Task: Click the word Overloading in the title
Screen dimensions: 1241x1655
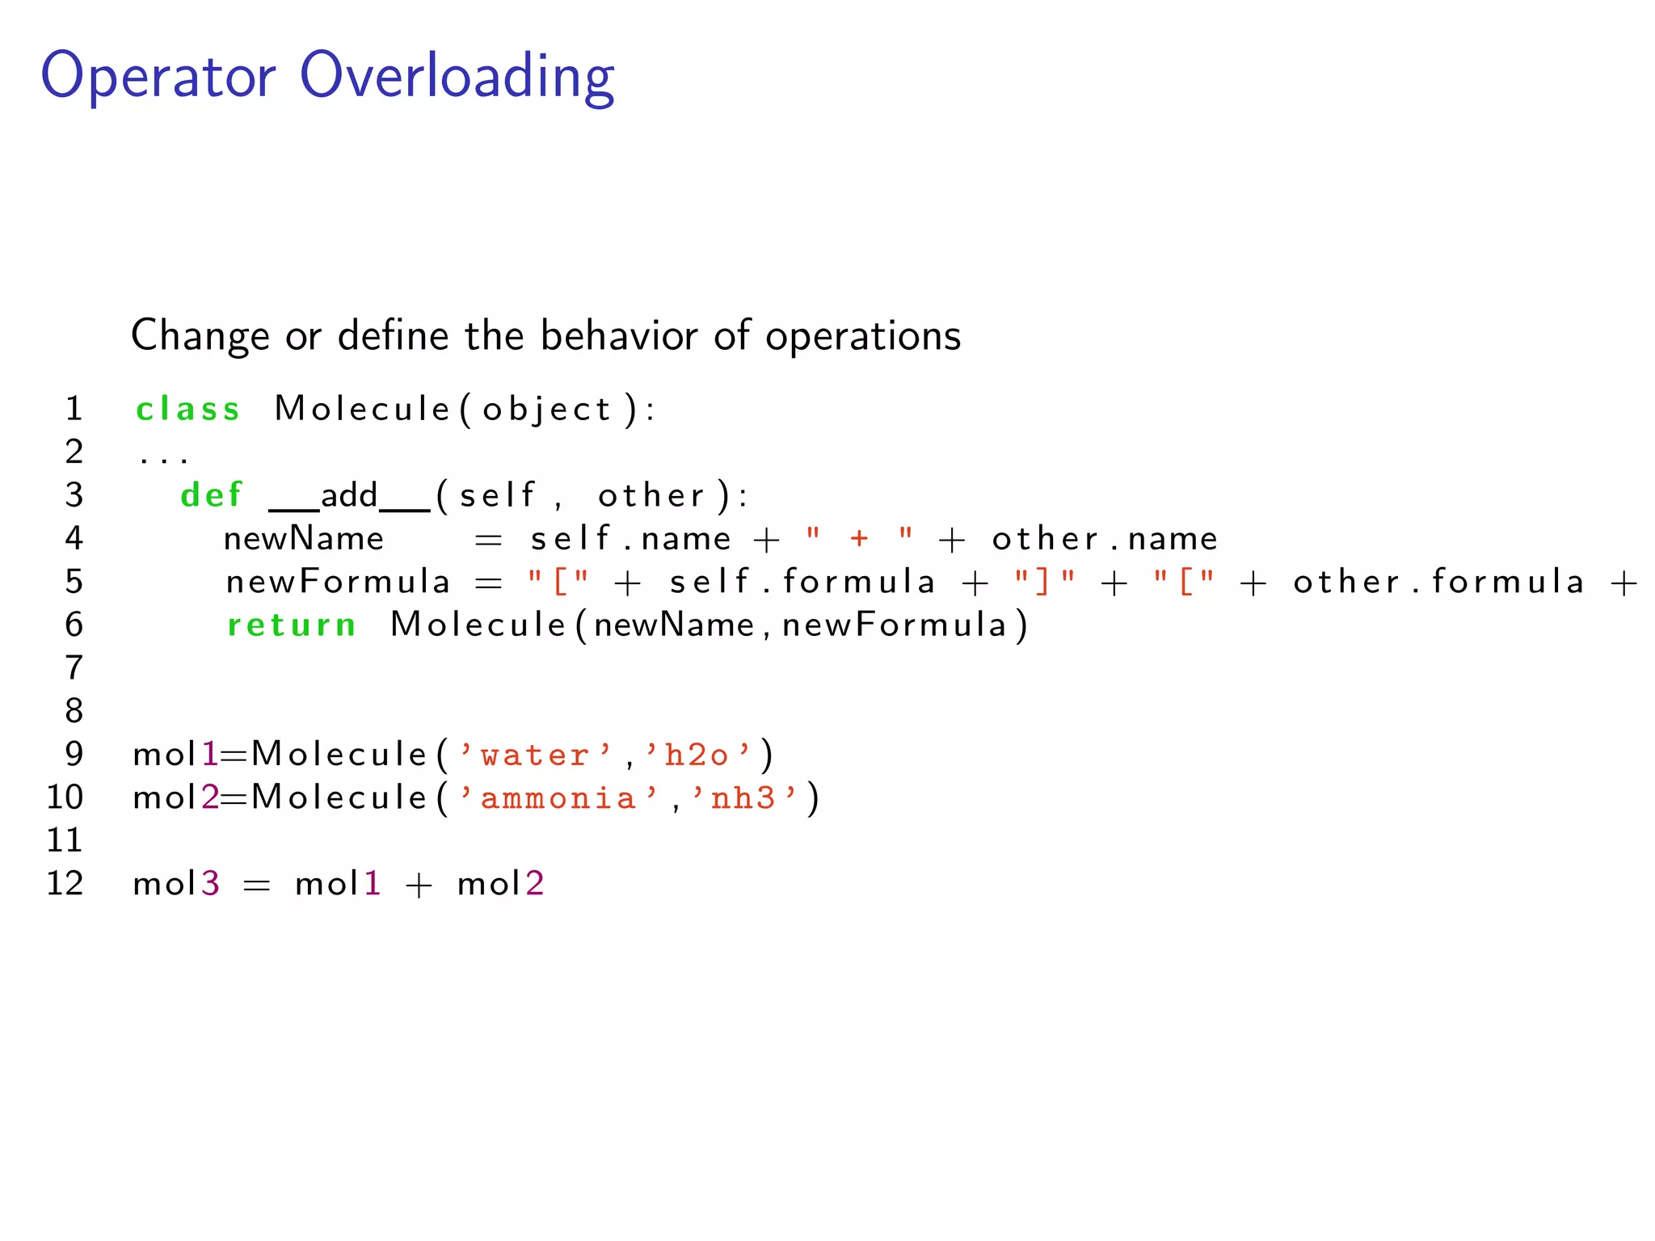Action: click(x=457, y=77)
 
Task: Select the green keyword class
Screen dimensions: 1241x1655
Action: click(x=187, y=410)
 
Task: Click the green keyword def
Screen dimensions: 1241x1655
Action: click(x=211, y=495)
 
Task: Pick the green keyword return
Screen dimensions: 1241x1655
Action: click(x=291, y=625)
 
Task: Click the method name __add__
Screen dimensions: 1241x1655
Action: click(x=349, y=496)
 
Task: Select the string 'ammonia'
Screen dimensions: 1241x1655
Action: click(x=558, y=798)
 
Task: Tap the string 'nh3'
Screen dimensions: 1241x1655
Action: click(x=743, y=798)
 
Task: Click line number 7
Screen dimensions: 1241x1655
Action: click(x=74, y=668)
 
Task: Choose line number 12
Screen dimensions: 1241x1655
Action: click(x=65, y=884)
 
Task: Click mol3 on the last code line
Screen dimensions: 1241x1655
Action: click(x=176, y=884)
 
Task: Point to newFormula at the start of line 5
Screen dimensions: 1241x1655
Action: click(x=338, y=582)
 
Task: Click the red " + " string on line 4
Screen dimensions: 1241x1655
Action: click(x=859, y=538)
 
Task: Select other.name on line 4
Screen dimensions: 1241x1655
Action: click(x=1105, y=539)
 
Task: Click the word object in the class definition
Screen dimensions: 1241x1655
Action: click(x=546, y=410)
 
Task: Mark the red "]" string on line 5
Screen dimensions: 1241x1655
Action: click(x=1045, y=582)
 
